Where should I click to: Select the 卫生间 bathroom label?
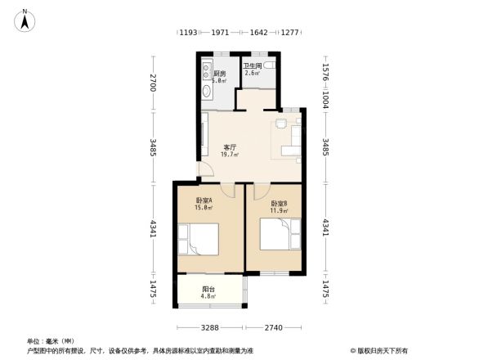[252, 65]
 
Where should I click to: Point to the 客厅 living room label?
[231, 147]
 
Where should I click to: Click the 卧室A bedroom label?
[204, 200]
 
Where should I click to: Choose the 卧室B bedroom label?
[280, 204]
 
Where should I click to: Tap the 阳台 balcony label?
[208, 289]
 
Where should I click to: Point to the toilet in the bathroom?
[271, 68]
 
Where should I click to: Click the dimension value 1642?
[258, 34]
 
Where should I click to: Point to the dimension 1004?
[325, 97]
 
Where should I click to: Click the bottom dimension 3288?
[210, 327]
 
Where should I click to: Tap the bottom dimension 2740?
[273, 327]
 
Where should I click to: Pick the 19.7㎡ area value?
[231, 155]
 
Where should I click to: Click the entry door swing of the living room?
[204, 173]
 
